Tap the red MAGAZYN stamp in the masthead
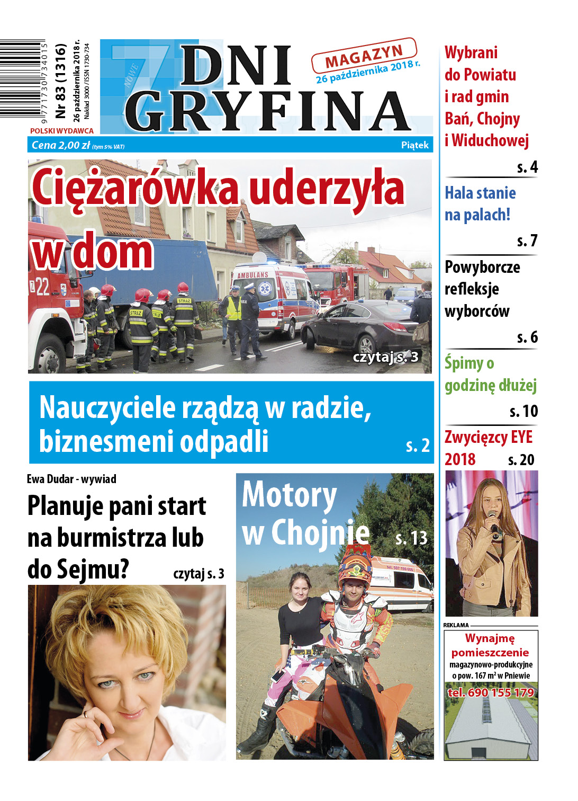click(364, 56)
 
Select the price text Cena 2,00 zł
click(60, 145)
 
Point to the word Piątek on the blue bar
click(414, 145)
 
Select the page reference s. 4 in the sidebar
click(527, 167)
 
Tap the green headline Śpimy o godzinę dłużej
click(490, 375)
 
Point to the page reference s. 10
click(523, 411)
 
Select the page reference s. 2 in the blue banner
click(418, 446)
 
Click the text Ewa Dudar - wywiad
click(71, 479)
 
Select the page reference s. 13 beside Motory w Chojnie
click(411, 538)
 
